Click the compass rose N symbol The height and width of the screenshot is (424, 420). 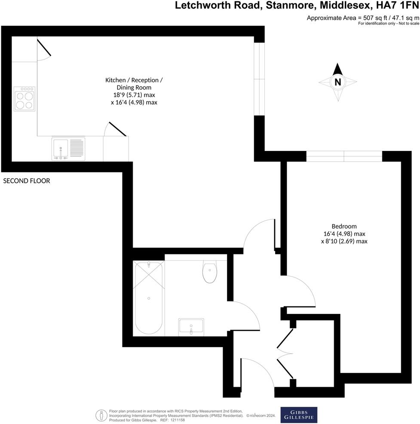[338, 82]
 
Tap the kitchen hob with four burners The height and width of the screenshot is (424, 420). [24, 99]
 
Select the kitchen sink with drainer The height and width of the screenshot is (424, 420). [68, 148]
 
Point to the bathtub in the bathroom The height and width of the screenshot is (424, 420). [148, 298]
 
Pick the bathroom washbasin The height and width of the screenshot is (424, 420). [191, 327]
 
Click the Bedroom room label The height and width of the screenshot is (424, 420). [344, 226]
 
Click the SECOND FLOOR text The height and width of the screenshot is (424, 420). [27, 181]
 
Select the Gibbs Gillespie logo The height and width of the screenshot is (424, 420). [299, 415]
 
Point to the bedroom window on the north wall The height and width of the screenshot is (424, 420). [344, 156]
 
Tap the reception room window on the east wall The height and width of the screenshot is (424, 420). [259, 79]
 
